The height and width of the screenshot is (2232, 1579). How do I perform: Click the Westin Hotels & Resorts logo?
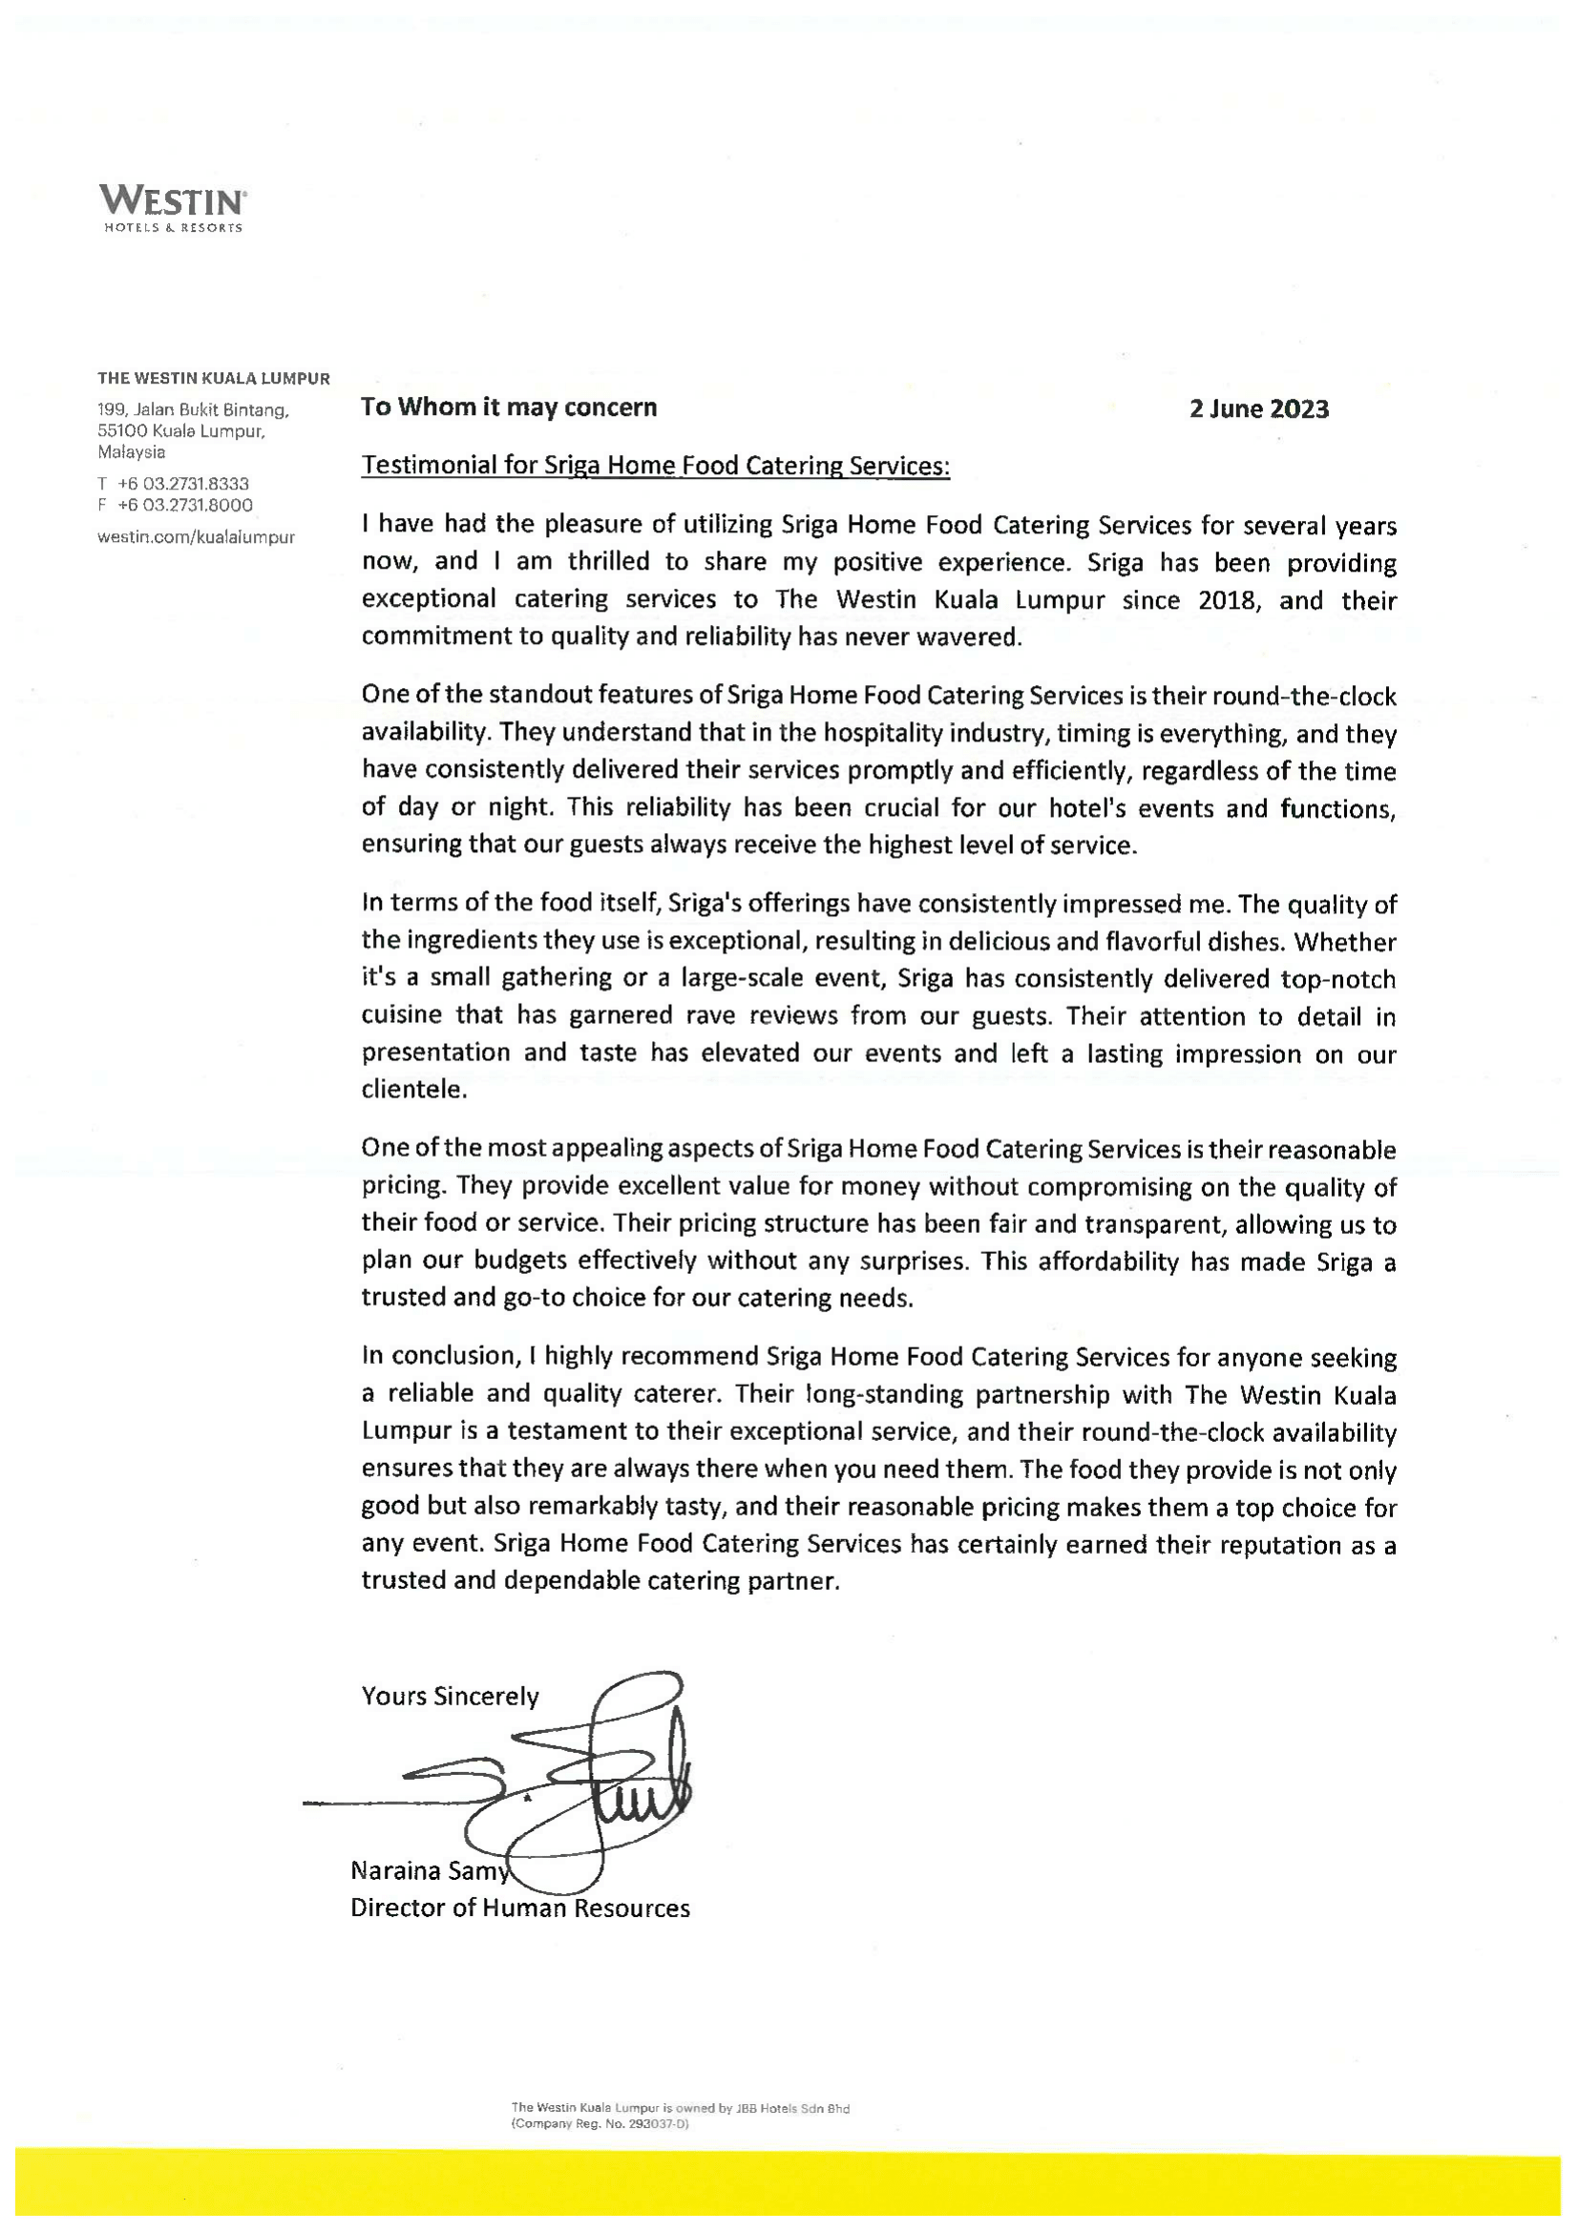tap(172, 208)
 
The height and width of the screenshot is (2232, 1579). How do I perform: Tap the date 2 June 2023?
tap(1258, 409)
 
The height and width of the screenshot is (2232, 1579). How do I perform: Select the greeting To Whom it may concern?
tap(509, 407)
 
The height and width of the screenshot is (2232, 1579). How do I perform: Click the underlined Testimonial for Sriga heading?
tap(654, 466)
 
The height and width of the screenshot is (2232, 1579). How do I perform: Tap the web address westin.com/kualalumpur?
tap(196, 536)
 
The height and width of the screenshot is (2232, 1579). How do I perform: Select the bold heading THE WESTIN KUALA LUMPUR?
tap(213, 378)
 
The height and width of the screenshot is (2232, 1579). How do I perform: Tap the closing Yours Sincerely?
tap(450, 1697)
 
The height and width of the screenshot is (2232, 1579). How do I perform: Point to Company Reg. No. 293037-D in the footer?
tap(600, 2125)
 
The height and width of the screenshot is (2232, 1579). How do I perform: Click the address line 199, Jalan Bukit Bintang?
tap(193, 410)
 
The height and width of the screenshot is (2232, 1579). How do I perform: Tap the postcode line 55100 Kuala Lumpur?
tap(180, 430)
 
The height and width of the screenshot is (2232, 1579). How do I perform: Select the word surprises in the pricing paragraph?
tap(916, 1262)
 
